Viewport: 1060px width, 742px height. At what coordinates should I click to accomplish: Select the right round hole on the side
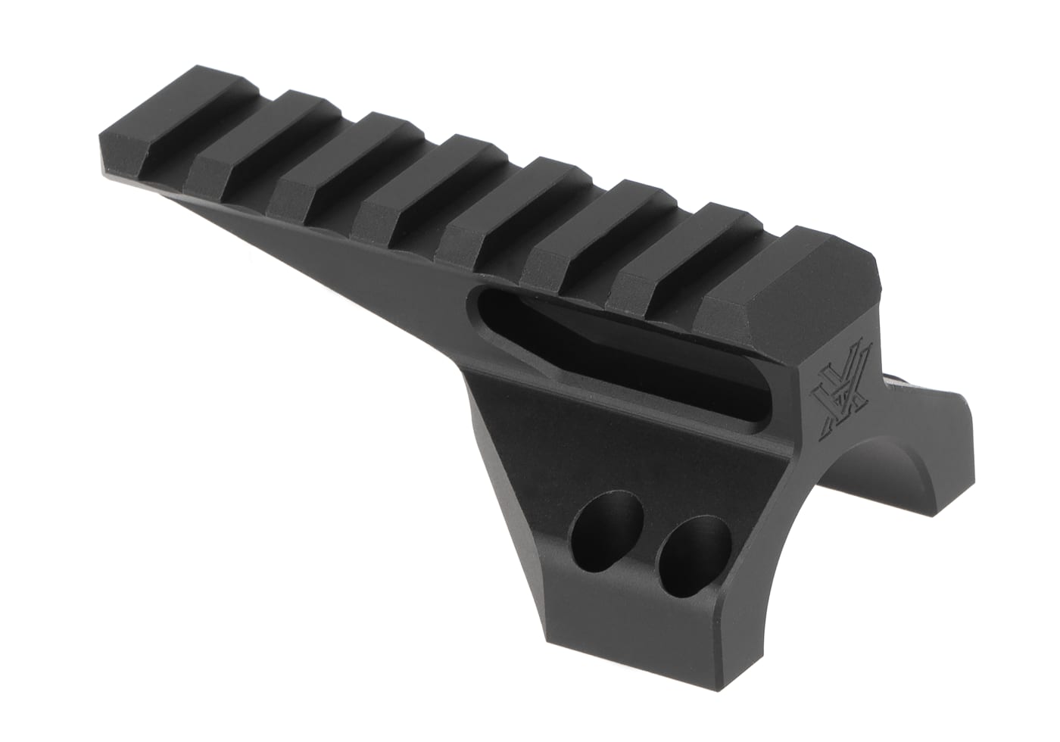(x=692, y=547)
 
